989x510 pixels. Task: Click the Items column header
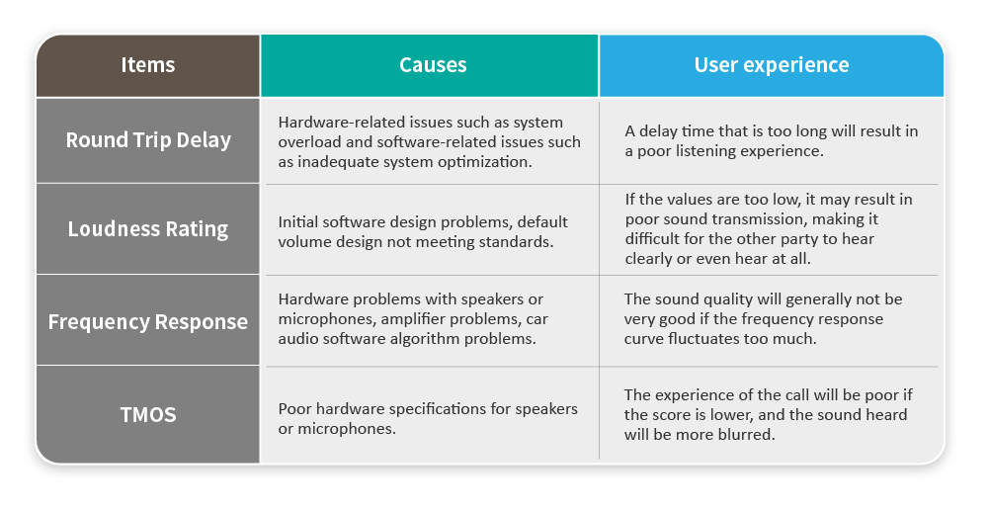click(x=147, y=65)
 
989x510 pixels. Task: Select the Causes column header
click(x=433, y=65)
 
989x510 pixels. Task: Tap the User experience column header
click(x=772, y=65)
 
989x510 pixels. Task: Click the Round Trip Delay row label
click(x=148, y=139)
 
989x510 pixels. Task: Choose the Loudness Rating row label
click(x=148, y=228)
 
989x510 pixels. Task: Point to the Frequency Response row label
click(x=148, y=321)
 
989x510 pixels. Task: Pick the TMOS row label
click(x=147, y=415)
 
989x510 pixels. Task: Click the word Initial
click(x=299, y=222)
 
